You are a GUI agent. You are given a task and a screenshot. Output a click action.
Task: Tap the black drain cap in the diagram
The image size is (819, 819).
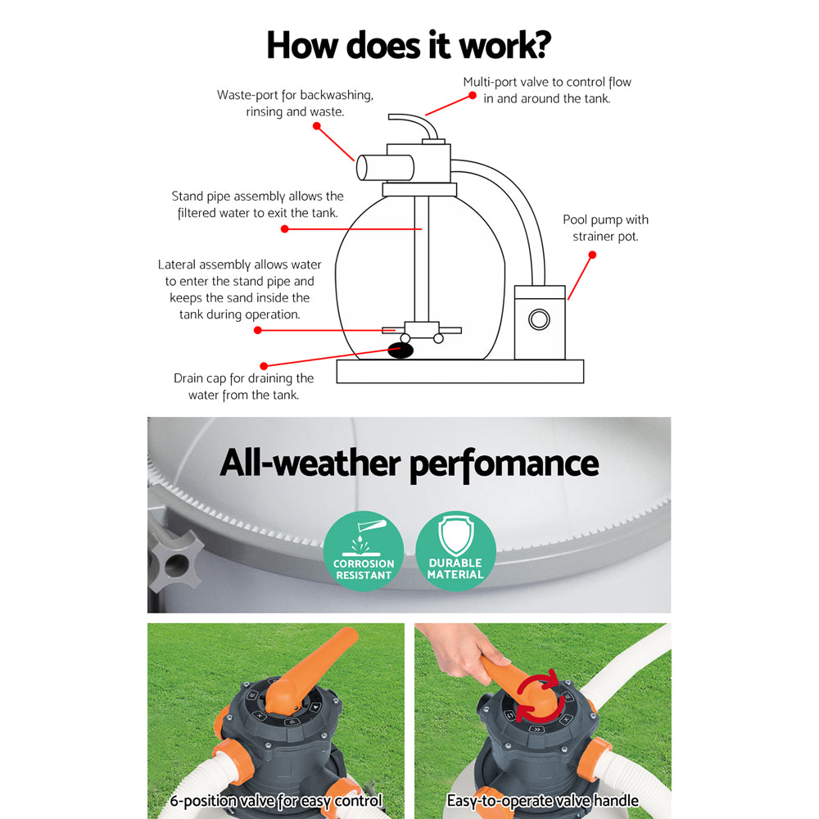click(x=400, y=350)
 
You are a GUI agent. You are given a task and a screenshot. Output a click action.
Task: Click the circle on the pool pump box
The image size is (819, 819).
click(x=539, y=319)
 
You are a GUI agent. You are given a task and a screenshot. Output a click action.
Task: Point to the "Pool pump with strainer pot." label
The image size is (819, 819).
click(x=605, y=228)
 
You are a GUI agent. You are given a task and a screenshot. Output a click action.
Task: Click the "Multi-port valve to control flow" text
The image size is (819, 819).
click(x=547, y=82)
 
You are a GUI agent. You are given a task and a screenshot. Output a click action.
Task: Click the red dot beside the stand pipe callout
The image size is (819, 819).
click(x=284, y=229)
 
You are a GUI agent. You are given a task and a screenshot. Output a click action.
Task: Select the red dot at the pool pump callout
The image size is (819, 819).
click(x=592, y=255)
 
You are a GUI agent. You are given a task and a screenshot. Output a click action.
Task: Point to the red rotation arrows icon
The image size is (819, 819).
click(x=537, y=695)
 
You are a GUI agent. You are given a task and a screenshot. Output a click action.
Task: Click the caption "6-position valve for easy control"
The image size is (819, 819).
click(x=276, y=801)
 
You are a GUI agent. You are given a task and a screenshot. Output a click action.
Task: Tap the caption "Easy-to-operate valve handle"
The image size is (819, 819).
click(x=542, y=801)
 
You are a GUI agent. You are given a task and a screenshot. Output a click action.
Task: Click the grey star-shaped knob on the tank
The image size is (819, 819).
click(x=173, y=560)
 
